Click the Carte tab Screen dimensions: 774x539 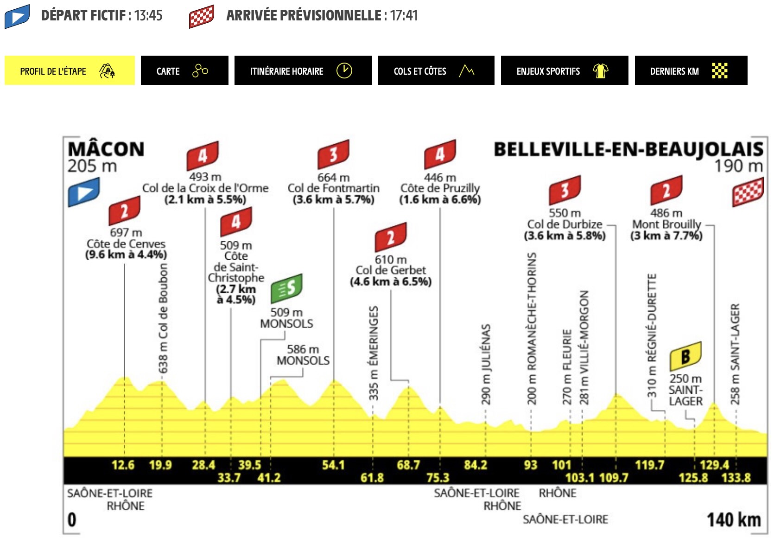tap(184, 70)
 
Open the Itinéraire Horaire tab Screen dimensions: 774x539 tap(303, 70)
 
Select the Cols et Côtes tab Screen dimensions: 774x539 tap(436, 70)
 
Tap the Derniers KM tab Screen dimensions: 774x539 tap(691, 70)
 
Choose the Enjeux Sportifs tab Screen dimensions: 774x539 tap(565, 70)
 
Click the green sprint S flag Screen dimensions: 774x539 tap(287, 288)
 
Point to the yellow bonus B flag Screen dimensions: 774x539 tap(685, 356)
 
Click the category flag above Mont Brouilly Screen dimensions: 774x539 tap(666, 190)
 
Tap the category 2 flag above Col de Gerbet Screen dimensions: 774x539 tap(391, 237)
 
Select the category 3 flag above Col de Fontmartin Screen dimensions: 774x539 tap(333, 154)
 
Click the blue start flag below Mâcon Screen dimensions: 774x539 tap(84, 192)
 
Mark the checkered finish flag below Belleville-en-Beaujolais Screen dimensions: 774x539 tap(748, 192)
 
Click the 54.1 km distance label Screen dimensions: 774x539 tap(333, 465)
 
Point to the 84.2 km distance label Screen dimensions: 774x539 tap(476, 465)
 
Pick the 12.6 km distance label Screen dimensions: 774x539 tap(123, 465)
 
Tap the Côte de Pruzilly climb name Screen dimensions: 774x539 tap(440, 188)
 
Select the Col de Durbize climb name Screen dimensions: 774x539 tap(565, 224)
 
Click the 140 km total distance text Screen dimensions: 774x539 tap(734, 520)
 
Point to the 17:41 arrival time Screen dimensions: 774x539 tap(404, 15)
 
